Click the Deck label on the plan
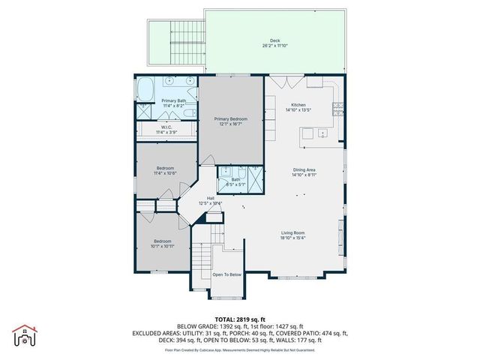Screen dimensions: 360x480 coord(274,41)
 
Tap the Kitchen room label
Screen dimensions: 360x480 coord(298,104)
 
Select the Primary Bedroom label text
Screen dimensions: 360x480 coord(230,118)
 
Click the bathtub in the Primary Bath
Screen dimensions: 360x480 coord(144,90)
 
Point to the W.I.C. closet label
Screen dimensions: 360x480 coord(166,127)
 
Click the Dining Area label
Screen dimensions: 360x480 coord(304,169)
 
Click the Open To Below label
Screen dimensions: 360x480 coord(227,274)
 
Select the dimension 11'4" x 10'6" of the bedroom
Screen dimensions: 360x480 coord(165,173)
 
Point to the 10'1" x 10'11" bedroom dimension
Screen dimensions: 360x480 coord(162,246)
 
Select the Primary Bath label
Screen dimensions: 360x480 coord(173,100)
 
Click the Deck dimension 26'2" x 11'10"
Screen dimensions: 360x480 coord(274,46)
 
